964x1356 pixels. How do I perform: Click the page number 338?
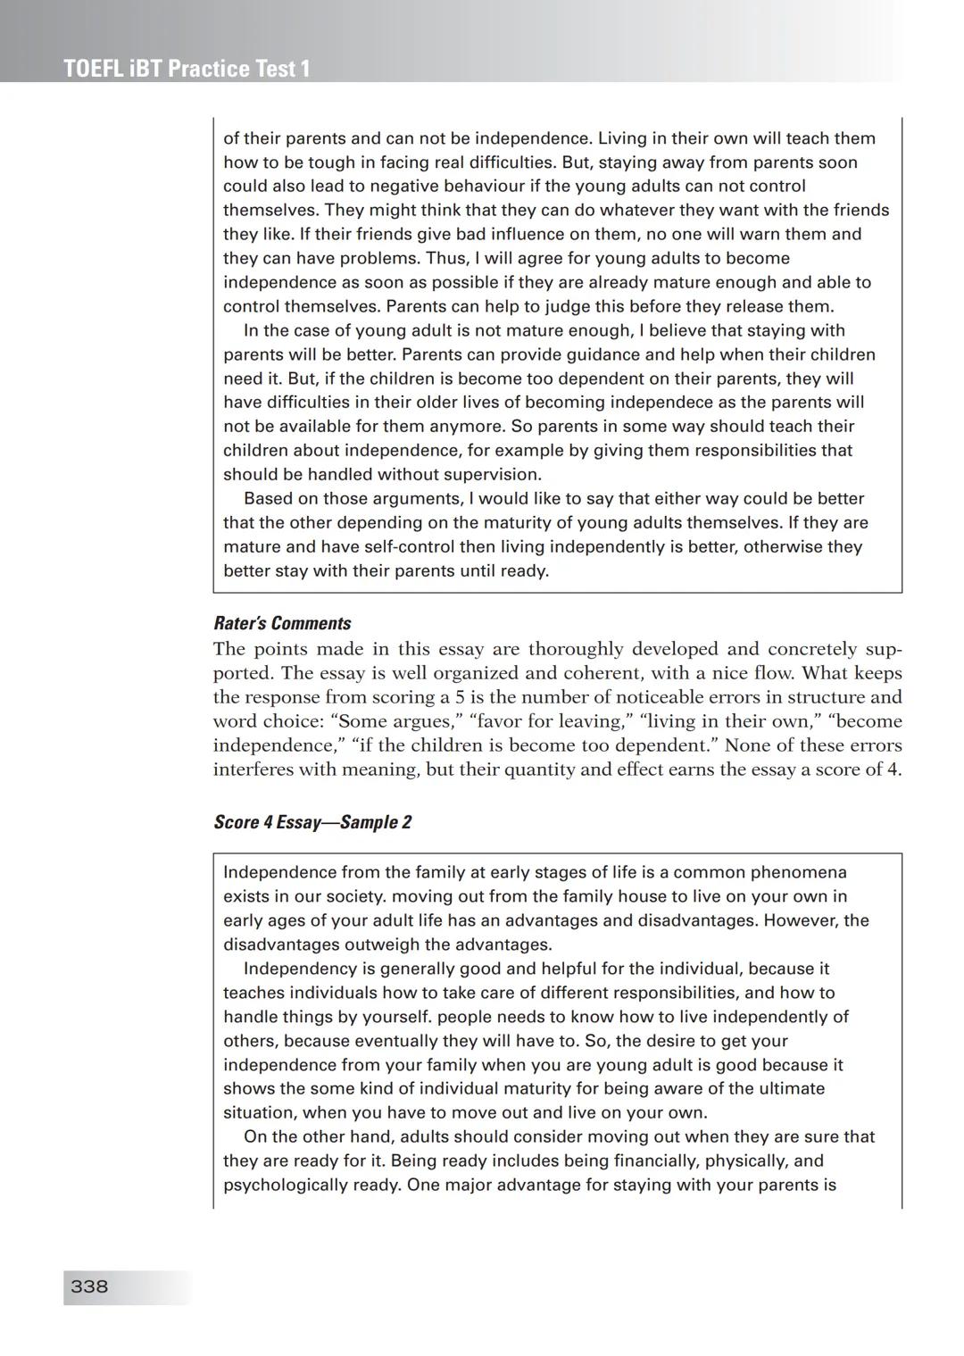(89, 1286)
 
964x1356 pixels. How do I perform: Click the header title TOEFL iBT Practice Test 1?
(187, 69)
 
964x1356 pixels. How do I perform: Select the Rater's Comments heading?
(282, 623)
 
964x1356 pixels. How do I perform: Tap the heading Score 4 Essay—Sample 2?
(312, 822)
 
